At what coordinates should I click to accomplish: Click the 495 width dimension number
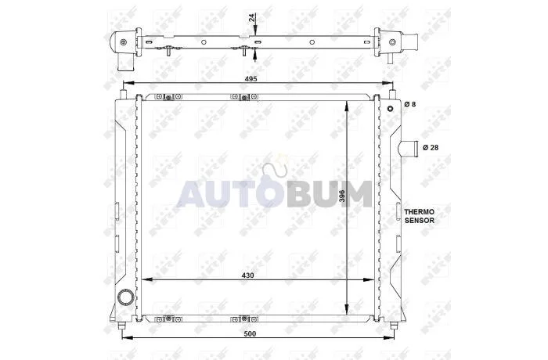click(x=251, y=78)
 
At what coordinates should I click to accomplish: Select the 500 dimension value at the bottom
click(x=251, y=334)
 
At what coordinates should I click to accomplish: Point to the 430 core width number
click(x=248, y=275)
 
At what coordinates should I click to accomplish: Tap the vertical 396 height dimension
click(x=342, y=196)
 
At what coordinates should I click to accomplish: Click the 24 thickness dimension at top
click(x=252, y=18)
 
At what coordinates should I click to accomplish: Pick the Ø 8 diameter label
click(x=410, y=104)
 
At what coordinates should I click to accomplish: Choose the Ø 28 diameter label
click(x=431, y=147)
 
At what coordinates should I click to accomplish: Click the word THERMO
click(x=420, y=212)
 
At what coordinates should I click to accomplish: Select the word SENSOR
click(x=420, y=221)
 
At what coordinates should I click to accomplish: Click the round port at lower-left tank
click(x=125, y=298)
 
